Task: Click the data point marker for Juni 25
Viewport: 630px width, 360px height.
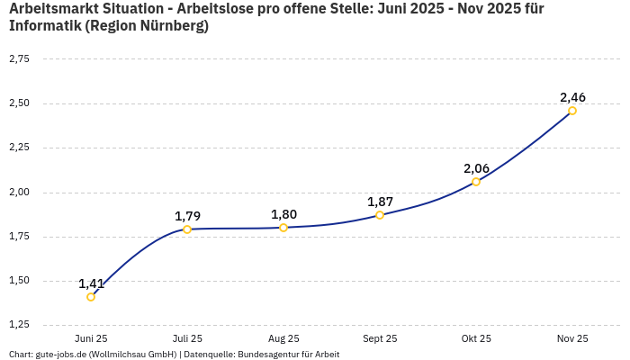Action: pyautogui.click(x=91, y=297)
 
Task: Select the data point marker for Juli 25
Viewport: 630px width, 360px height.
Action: pyautogui.click(x=187, y=229)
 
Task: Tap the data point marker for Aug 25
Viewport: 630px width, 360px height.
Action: pyautogui.click(x=283, y=228)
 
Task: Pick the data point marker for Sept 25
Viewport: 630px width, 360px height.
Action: pyautogui.click(x=380, y=215)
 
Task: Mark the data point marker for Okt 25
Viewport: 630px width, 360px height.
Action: pyautogui.click(x=476, y=182)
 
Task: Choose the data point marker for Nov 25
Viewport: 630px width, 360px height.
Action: pyautogui.click(x=572, y=111)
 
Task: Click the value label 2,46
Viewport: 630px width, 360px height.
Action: pyautogui.click(x=572, y=97)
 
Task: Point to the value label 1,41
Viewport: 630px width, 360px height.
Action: pyautogui.click(x=91, y=283)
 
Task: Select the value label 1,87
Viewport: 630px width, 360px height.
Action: pyautogui.click(x=380, y=202)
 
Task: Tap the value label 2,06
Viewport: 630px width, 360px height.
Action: pyautogui.click(x=476, y=168)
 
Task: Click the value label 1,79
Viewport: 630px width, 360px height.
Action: pyautogui.click(x=187, y=216)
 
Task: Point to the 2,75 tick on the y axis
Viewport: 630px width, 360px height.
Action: pyautogui.click(x=19, y=59)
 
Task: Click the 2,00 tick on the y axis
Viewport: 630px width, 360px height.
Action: pyautogui.click(x=19, y=193)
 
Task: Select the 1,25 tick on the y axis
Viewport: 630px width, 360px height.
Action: pyautogui.click(x=19, y=325)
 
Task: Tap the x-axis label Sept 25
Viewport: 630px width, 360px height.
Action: pyautogui.click(x=380, y=339)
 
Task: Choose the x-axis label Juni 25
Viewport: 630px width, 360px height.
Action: pyautogui.click(x=91, y=339)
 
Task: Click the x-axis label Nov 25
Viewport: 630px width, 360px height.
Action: pyautogui.click(x=572, y=339)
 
